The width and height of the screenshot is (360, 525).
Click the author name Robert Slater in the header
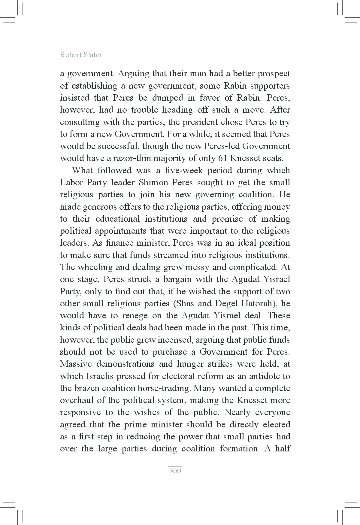(81, 55)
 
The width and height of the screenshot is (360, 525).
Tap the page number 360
(175, 470)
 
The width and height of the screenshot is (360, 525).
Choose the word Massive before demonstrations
(76, 364)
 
